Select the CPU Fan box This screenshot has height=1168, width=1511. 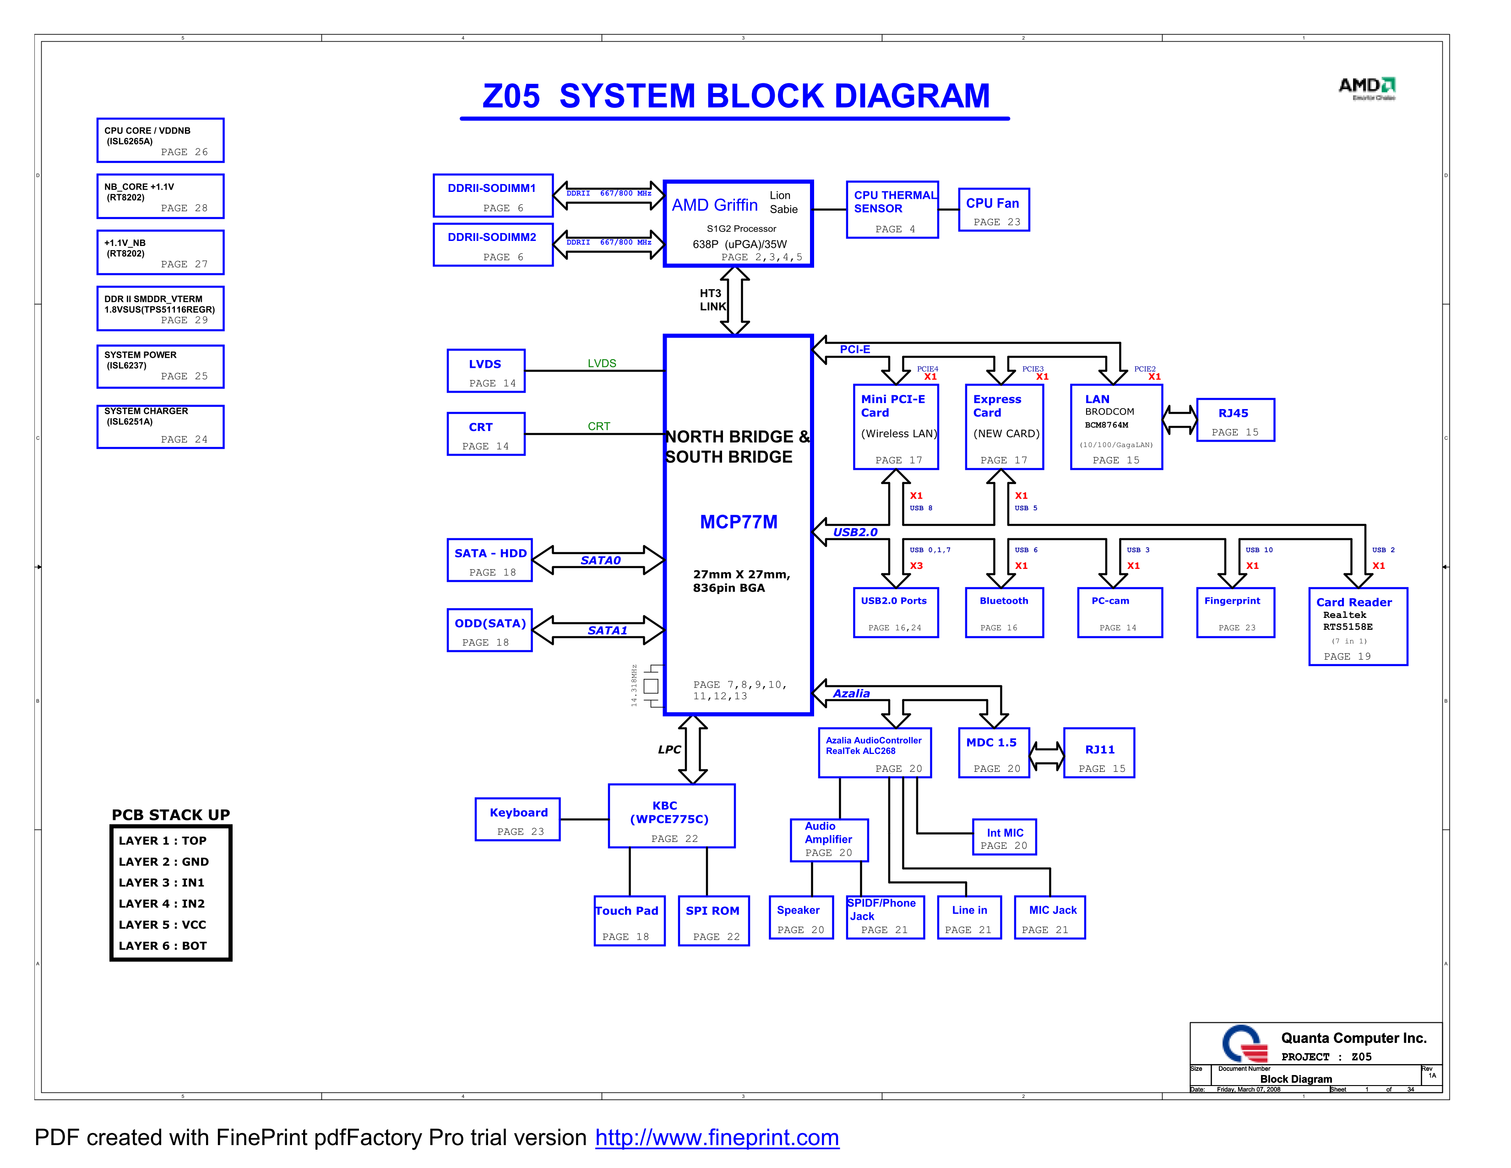[x=994, y=210]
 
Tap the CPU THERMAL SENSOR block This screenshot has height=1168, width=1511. [x=892, y=210]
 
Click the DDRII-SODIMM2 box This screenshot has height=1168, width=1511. [x=493, y=244]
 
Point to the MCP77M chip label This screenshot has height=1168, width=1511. [x=738, y=522]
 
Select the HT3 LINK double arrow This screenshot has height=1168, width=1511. [x=735, y=301]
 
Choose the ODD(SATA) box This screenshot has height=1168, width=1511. [x=489, y=630]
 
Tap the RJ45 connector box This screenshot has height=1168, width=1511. [x=1235, y=420]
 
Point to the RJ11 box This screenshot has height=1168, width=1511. [x=1098, y=753]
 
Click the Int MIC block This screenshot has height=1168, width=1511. [x=1004, y=837]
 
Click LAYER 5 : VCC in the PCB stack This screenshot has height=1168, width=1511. [x=163, y=924]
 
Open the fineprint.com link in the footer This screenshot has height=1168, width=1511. [x=717, y=1138]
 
